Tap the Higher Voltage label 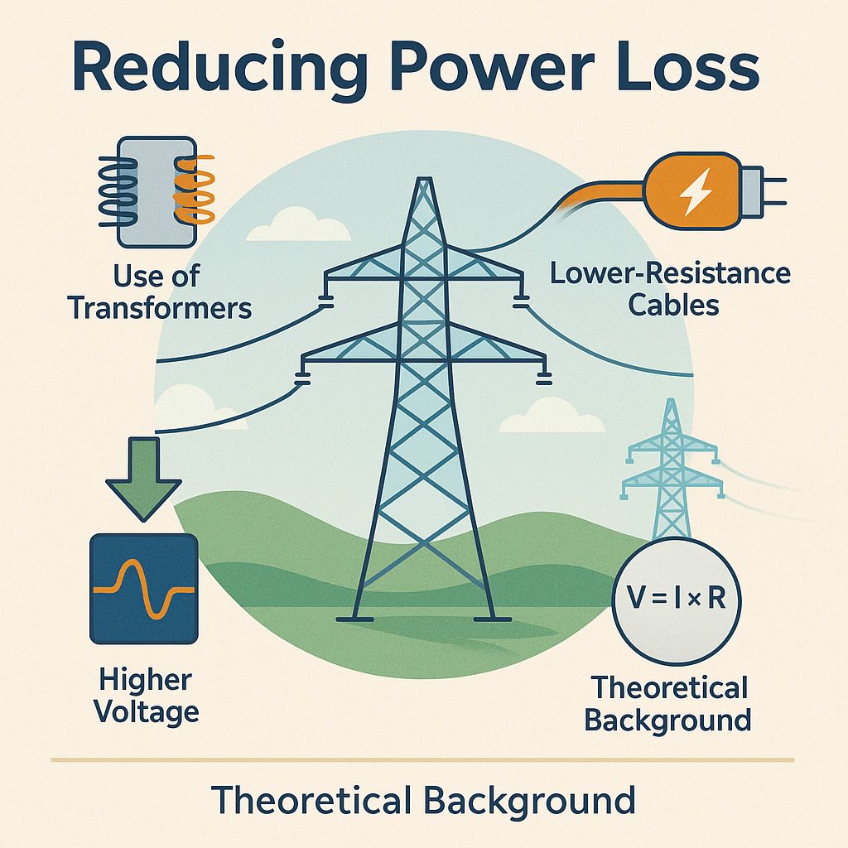click(146, 696)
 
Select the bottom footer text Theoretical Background click(423, 800)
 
